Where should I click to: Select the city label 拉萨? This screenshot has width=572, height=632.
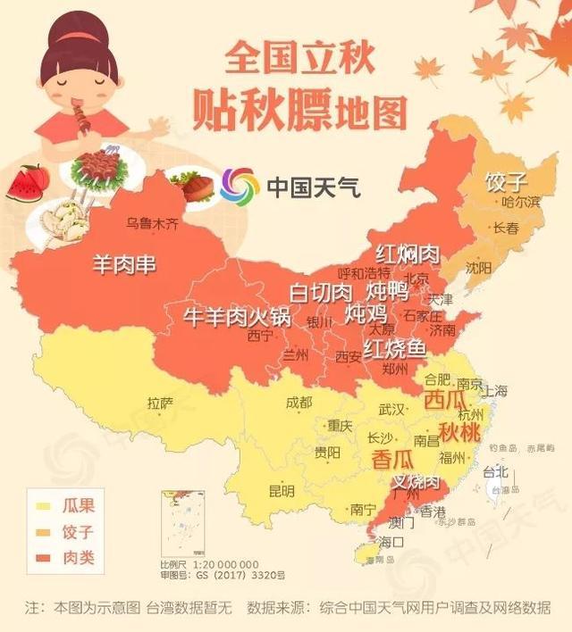tap(161, 402)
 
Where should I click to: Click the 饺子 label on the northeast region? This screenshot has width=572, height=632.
tap(506, 182)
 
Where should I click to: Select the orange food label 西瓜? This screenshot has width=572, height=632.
tap(447, 399)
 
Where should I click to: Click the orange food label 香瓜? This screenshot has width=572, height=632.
tap(392, 460)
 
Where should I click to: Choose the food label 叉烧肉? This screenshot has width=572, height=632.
tap(417, 483)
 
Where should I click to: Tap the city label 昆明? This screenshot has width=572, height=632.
tap(281, 491)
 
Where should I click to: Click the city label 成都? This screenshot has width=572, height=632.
tap(299, 402)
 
